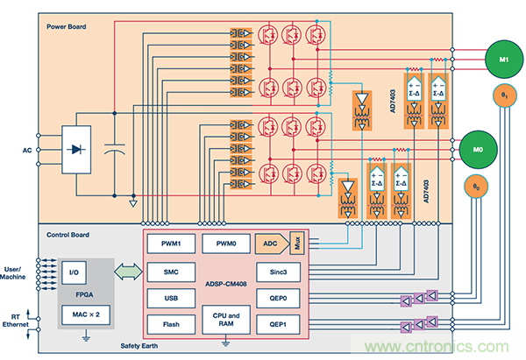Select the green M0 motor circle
pos(479,148)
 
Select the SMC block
pos(169,273)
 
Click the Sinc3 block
pos(279,273)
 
